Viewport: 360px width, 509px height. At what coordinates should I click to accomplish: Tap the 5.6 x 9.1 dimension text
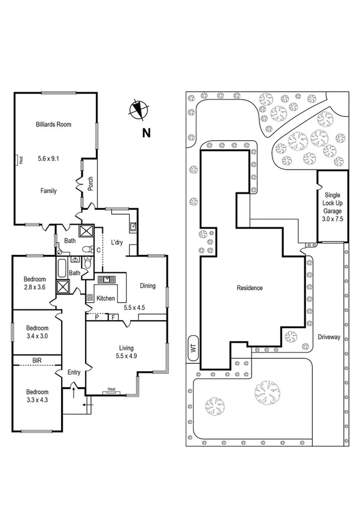click(49, 158)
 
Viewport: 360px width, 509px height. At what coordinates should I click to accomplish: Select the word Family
click(49, 191)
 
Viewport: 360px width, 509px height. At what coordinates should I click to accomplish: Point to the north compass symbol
click(138, 109)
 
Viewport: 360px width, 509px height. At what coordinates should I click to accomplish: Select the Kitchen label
click(105, 298)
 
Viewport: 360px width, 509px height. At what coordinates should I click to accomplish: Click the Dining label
click(147, 286)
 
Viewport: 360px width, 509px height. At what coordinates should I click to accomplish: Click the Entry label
click(74, 372)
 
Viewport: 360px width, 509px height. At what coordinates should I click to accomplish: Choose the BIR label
click(37, 361)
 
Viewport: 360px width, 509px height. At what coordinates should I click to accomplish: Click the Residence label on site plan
click(249, 288)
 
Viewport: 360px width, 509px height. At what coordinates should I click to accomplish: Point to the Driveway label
click(329, 337)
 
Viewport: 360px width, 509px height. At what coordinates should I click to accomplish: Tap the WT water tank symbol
click(192, 350)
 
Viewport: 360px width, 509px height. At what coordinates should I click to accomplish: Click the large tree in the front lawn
click(267, 393)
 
